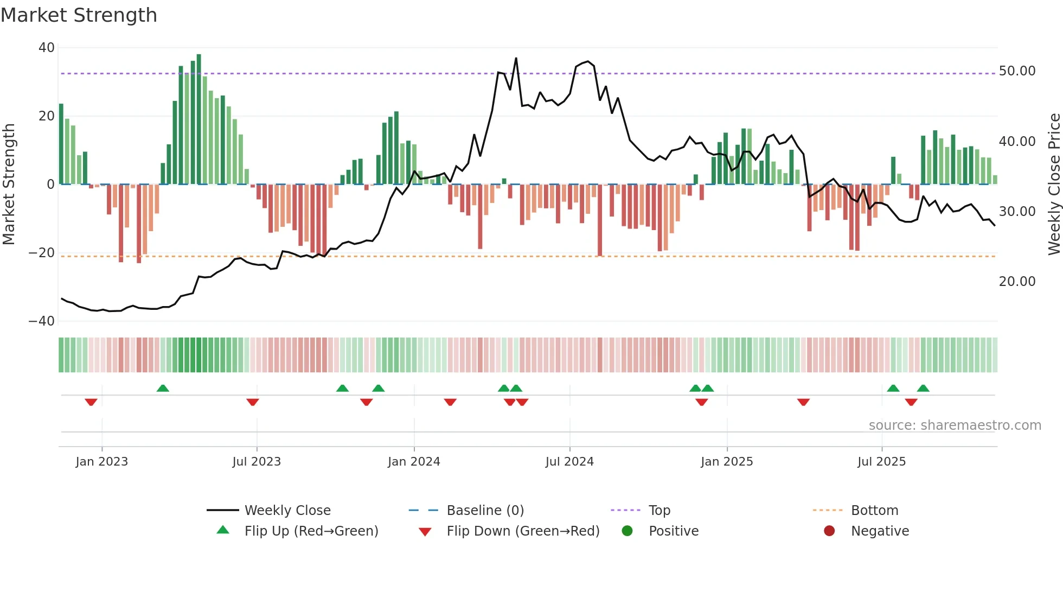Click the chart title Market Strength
[79, 15]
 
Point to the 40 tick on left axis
[47, 48]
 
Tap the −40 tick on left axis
[42, 321]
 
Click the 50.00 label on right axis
[1017, 71]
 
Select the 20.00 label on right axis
[1017, 281]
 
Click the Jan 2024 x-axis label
[414, 462]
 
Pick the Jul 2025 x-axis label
[881, 462]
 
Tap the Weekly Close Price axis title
[1054, 184]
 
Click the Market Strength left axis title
[9, 184]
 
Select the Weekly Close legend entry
[287, 511]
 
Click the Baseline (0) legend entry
[485, 511]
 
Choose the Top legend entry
[659, 511]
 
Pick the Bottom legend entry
[874, 511]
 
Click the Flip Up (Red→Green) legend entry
[311, 531]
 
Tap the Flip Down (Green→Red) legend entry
[523, 531]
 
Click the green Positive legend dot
[627, 531]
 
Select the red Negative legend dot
[829, 531]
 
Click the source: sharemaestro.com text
[955, 425]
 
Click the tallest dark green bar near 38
[199, 119]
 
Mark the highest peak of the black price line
[516, 59]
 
